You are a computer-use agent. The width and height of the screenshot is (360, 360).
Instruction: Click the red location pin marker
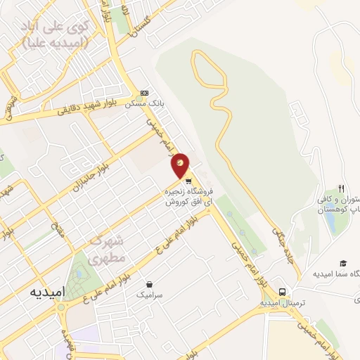181,165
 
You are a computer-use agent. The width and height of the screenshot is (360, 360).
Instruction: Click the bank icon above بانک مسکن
144,92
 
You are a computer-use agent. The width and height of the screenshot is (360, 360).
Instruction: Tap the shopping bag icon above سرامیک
149,284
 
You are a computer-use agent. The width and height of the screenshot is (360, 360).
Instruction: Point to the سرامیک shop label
150,295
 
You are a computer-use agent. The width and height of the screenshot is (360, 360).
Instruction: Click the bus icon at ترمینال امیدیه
282,291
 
